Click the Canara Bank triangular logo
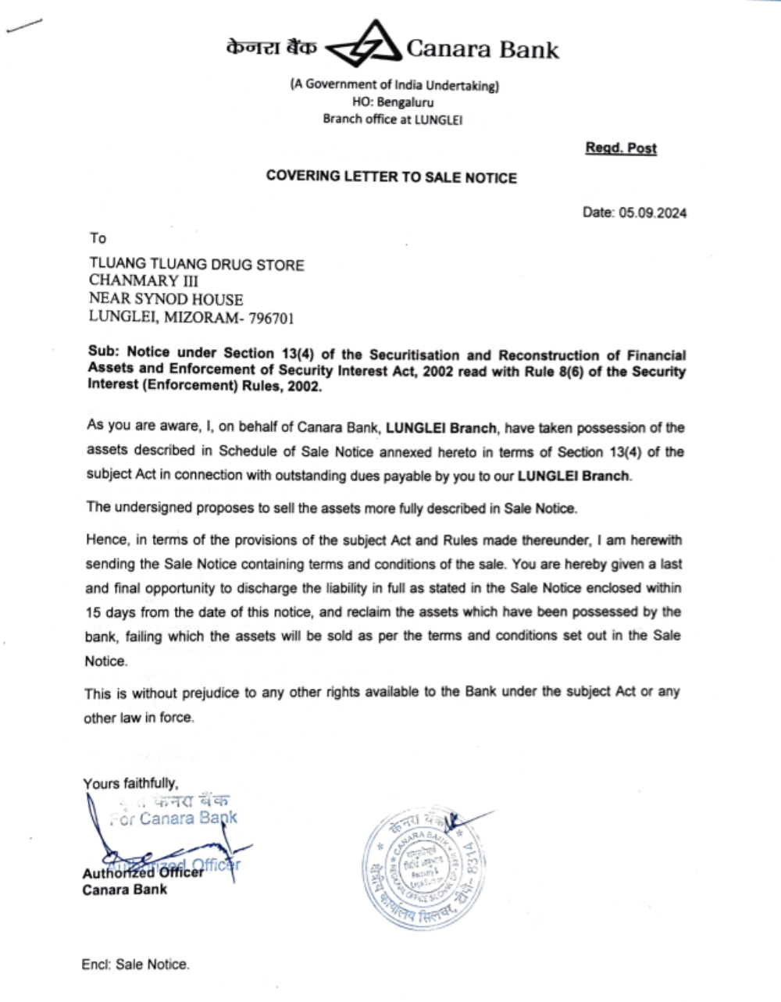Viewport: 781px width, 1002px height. (x=362, y=48)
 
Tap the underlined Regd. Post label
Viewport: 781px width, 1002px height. (x=621, y=148)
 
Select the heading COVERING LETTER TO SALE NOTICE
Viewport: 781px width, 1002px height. (x=391, y=177)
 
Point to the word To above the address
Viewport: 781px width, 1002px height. (x=98, y=238)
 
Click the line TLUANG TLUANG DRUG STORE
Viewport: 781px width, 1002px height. (x=196, y=265)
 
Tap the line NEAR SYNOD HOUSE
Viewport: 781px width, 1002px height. (x=166, y=299)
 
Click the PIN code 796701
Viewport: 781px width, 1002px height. (x=270, y=317)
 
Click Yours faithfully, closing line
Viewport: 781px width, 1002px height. (x=130, y=783)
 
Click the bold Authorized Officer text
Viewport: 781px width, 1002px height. (x=142, y=872)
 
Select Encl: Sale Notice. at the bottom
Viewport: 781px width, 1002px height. (x=135, y=965)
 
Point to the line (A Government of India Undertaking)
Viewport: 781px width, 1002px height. (x=394, y=85)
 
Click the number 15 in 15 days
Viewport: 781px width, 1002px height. (x=93, y=612)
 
